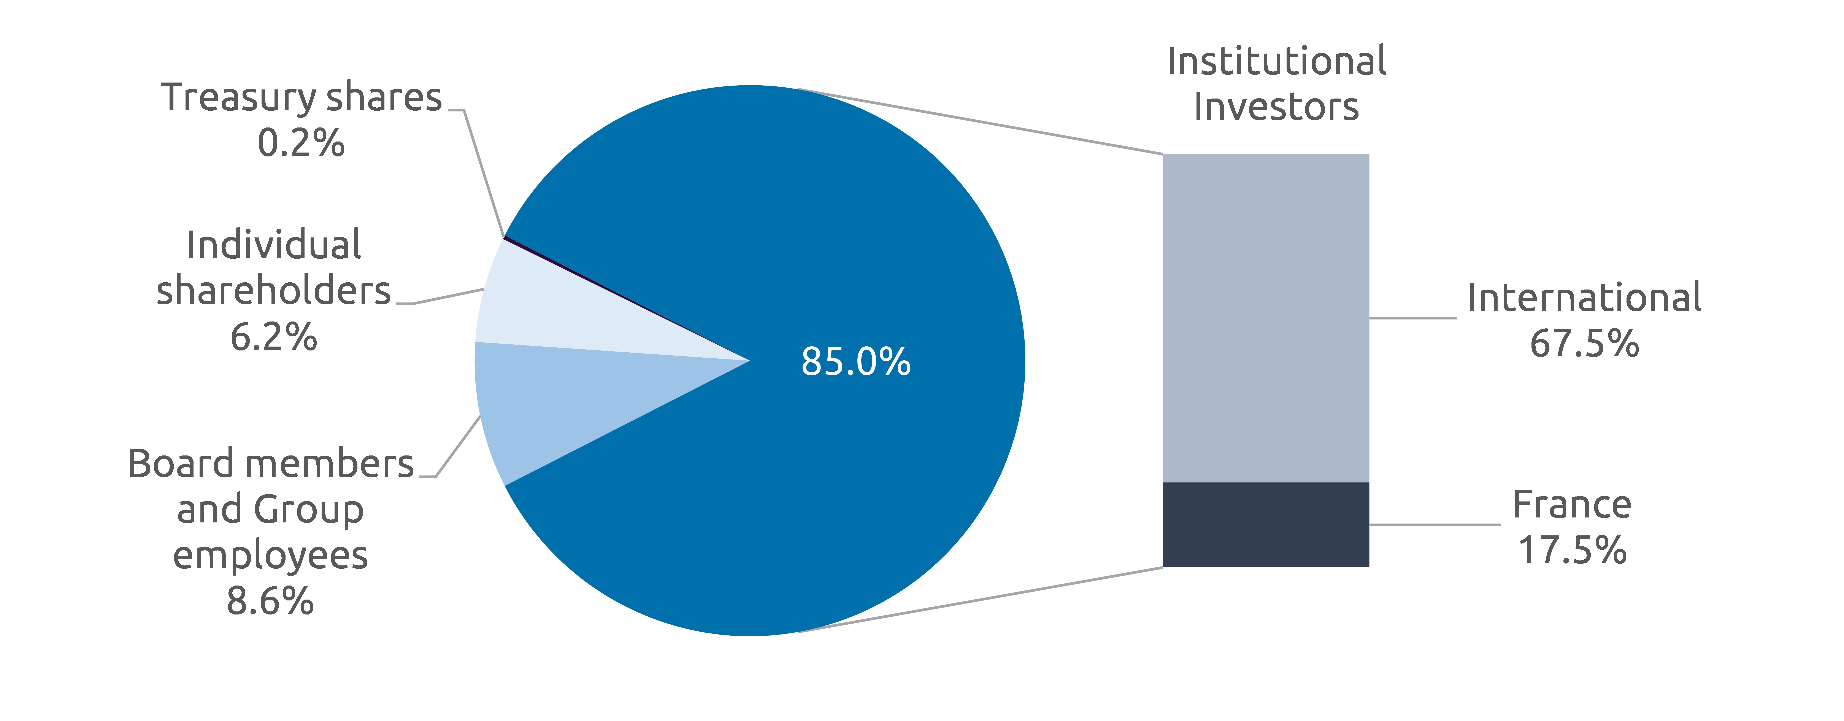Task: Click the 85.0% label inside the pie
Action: pos(855,361)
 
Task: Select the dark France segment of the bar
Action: pos(1266,525)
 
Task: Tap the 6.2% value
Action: pos(273,337)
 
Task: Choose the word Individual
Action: pos(273,246)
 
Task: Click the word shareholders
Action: pos(273,291)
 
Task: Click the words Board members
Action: pos(271,464)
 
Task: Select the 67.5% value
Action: pos(1584,344)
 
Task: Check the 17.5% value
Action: pos(1572,551)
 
